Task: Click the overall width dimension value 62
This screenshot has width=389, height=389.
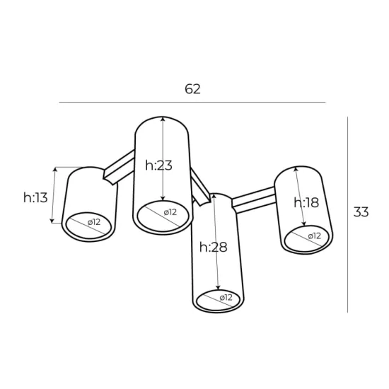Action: [193, 89]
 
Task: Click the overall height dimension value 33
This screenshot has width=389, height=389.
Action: [361, 211]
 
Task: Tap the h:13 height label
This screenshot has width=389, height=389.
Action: [35, 197]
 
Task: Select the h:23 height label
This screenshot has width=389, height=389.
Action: [158, 166]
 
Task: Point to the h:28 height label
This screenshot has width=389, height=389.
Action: [212, 247]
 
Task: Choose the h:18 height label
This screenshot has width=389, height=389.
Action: [307, 202]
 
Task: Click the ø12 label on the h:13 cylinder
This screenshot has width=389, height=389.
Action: [95, 222]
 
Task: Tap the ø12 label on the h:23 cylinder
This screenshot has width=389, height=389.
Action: [170, 211]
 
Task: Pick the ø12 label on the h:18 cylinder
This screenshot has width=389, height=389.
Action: [315, 236]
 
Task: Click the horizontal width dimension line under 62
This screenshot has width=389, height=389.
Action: [192, 103]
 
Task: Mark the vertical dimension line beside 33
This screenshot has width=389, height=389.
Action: [348, 212]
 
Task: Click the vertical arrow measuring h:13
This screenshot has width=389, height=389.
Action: [54, 196]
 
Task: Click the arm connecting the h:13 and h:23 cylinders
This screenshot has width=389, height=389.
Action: [119, 167]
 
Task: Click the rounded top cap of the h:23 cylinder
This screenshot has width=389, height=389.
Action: [162, 121]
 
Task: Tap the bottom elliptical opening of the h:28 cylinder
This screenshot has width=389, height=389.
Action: [221, 301]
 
